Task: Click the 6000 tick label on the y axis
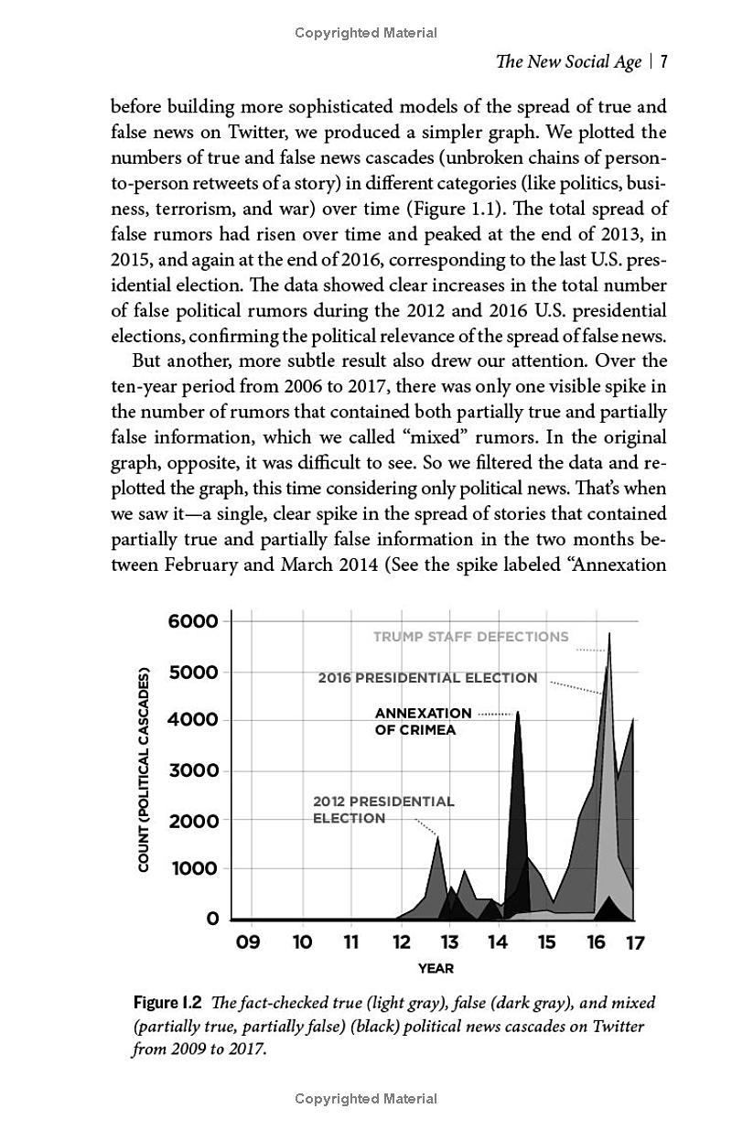pyautogui.click(x=193, y=621)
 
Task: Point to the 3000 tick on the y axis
pyautogui.click(x=193, y=770)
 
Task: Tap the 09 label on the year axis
pyautogui.click(x=248, y=942)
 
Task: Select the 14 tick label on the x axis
pyautogui.click(x=497, y=942)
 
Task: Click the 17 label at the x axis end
pyautogui.click(x=634, y=943)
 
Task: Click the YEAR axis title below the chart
pyautogui.click(x=436, y=968)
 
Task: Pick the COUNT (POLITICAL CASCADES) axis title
pyautogui.click(x=144, y=770)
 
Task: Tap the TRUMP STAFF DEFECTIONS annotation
pyautogui.click(x=470, y=637)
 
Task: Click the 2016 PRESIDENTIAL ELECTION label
pyautogui.click(x=427, y=678)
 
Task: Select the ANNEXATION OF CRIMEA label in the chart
pyautogui.click(x=423, y=721)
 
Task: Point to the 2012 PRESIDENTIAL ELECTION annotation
pyautogui.click(x=382, y=809)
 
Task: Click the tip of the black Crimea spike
pyautogui.click(x=518, y=712)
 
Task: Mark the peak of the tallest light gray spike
pyautogui.click(x=609, y=633)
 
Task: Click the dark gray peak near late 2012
pyautogui.click(x=437, y=836)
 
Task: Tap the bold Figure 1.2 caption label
pyautogui.click(x=167, y=1002)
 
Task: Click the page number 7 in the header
pyautogui.click(x=663, y=62)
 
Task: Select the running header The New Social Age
pyautogui.click(x=567, y=62)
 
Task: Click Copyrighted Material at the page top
pyautogui.click(x=366, y=33)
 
